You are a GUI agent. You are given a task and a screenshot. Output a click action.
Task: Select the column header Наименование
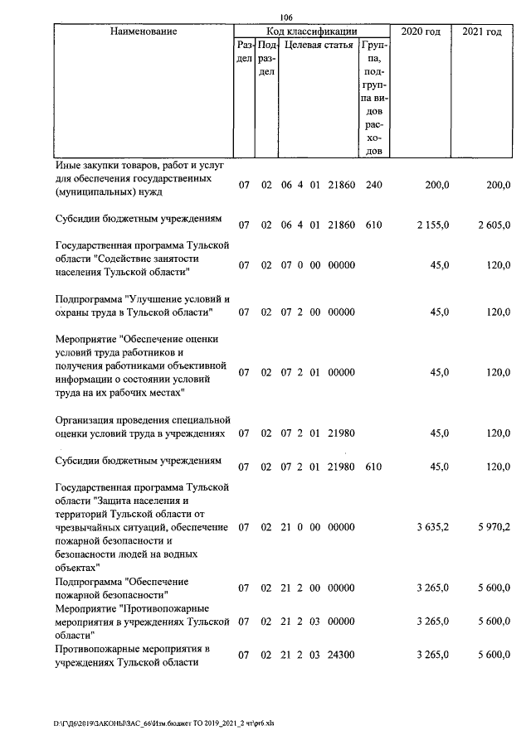(x=144, y=31)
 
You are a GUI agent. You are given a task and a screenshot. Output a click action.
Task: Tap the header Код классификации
(x=312, y=31)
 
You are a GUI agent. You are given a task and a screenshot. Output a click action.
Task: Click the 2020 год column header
(x=421, y=31)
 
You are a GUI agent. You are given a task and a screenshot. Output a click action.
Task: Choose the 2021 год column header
(x=481, y=31)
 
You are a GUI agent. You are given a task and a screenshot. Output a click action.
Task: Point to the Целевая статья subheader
(x=319, y=45)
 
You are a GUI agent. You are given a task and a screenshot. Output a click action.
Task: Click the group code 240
(x=373, y=185)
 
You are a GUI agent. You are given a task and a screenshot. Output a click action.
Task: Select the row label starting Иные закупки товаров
(x=138, y=178)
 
